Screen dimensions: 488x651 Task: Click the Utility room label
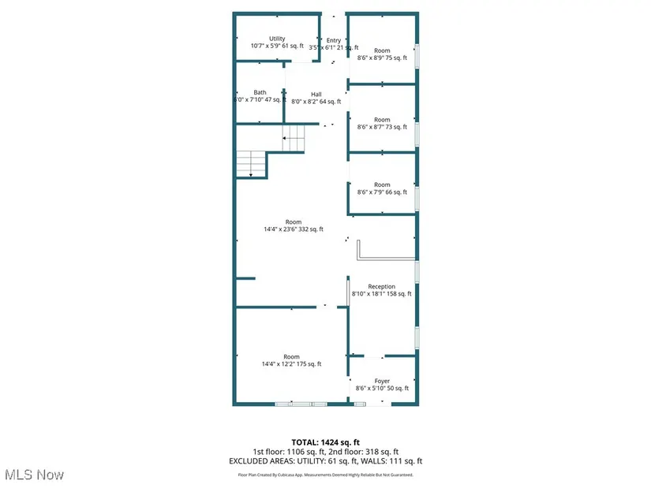pyautogui.click(x=277, y=43)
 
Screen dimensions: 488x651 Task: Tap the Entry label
pyautogui.click(x=334, y=44)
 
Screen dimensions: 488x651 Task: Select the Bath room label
pyautogui.click(x=260, y=96)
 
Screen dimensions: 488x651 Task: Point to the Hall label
pyautogui.click(x=316, y=98)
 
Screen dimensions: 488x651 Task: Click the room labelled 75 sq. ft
pyautogui.click(x=382, y=54)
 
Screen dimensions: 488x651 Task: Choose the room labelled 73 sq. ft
pyautogui.click(x=382, y=124)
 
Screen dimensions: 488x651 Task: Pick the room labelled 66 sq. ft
pyautogui.click(x=382, y=188)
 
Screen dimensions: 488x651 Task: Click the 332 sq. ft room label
pyautogui.click(x=294, y=225)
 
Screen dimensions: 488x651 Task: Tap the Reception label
pyautogui.click(x=382, y=290)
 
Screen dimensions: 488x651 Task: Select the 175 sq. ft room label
pyautogui.click(x=292, y=360)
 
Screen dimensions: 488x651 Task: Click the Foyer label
pyautogui.click(x=382, y=385)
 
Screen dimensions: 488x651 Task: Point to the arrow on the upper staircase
pyautogui.click(x=294, y=140)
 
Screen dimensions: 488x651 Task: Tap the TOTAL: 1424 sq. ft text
pyautogui.click(x=325, y=441)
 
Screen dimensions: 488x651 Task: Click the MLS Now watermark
pyautogui.click(x=33, y=475)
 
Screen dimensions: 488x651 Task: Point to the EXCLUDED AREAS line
pyautogui.click(x=325, y=461)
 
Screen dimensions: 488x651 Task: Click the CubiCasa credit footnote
pyautogui.click(x=325, y=475)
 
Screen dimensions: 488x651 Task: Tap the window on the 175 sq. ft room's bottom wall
pyautogui.click(x=301, y=404)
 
